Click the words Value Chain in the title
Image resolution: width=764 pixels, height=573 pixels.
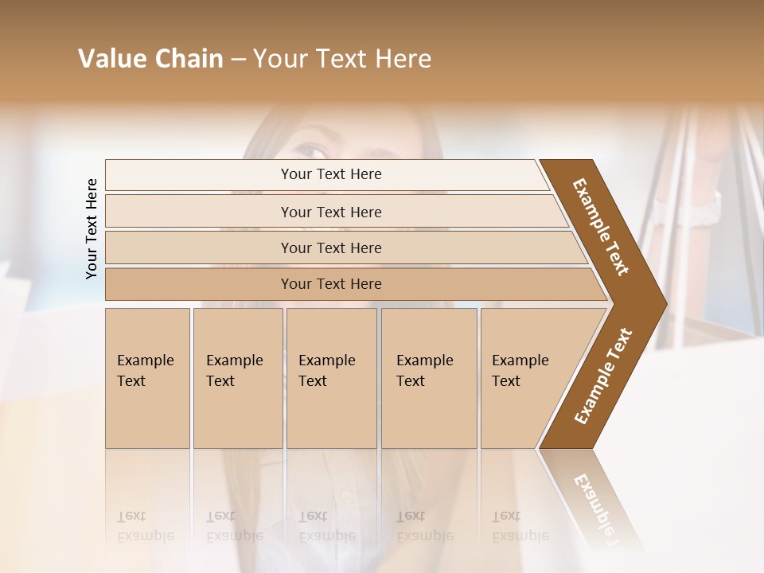(150, 59)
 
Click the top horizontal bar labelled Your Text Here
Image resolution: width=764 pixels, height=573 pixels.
(331, 174)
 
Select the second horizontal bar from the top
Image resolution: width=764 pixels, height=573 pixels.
(331, 212)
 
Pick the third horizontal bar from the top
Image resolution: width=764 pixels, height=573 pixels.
(331, 248)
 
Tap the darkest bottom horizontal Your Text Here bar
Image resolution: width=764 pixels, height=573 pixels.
(331, 284)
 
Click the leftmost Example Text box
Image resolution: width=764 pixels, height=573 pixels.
(147, 377)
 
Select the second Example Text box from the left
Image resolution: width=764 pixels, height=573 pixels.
(237, 377)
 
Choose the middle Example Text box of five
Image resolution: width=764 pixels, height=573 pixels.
(331, 377)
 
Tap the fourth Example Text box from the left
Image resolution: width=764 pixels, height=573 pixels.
(429, 377)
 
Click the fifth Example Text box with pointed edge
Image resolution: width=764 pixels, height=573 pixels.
(525, 377)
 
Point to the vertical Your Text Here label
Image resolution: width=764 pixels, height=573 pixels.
(92, 228)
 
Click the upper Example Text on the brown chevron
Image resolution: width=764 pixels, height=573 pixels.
(601, 227)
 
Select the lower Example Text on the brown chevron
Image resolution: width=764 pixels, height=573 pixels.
(603, 376)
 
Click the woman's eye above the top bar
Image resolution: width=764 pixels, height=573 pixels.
(313, 150)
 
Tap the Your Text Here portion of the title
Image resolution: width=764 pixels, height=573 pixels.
(342, 59)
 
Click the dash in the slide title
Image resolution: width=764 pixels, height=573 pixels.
(238, 59)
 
